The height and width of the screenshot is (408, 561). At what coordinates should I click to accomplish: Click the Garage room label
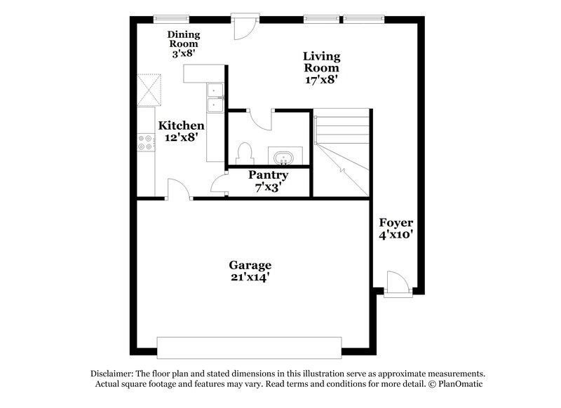[x=250, y=265]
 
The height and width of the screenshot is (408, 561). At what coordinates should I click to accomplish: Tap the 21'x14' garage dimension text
[x=250, y=277]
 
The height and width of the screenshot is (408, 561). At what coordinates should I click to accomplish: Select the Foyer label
[x=396, y=223]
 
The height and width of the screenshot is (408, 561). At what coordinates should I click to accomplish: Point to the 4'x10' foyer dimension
[x=396, y=235]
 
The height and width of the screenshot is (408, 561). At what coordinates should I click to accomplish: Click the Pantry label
[x=269, y=175]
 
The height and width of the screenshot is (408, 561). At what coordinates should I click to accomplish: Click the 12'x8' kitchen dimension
[x=182, y=137]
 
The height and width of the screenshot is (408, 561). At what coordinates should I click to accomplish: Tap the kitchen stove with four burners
[x=147, y=142]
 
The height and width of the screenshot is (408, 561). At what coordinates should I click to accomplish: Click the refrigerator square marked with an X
[x=149, y=88]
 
